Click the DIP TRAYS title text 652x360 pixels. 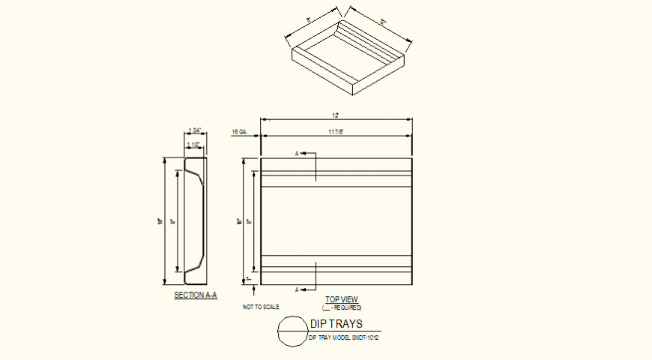click(x=336, y=324)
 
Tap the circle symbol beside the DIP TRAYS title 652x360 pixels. click(x=292, y=331)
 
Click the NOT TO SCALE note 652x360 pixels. click(x=261, y=307)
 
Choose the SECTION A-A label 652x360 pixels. click(x=195, y=295)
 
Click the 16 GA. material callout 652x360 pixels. click(x=239, y=132)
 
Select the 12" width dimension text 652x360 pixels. click(x=336, y=115)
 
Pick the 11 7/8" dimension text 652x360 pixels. click(x=336, y=132)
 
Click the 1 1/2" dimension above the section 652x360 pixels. click(x=194, y=145)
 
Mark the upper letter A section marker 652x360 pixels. click(x=297, y=154)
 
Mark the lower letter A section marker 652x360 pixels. click(x=297, y=289)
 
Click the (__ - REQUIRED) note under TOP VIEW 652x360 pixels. click(x=342, y=307)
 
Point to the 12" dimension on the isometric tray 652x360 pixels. click(x=383, y=23)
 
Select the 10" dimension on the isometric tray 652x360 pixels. click(x=308, y=21)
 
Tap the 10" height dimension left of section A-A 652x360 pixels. click(x=161, y=221)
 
